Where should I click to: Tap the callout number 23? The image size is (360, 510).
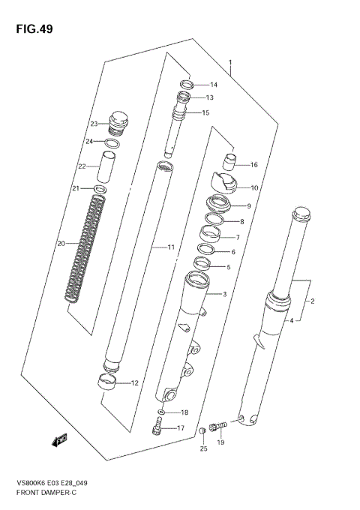[x=94, y=124]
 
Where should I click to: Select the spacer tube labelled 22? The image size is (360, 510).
[x=109, y=169]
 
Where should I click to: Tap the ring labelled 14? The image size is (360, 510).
[x=187, y=84]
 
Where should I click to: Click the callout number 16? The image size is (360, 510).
[x=253, y=165]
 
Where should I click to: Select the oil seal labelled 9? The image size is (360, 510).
[x=218, y=205]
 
